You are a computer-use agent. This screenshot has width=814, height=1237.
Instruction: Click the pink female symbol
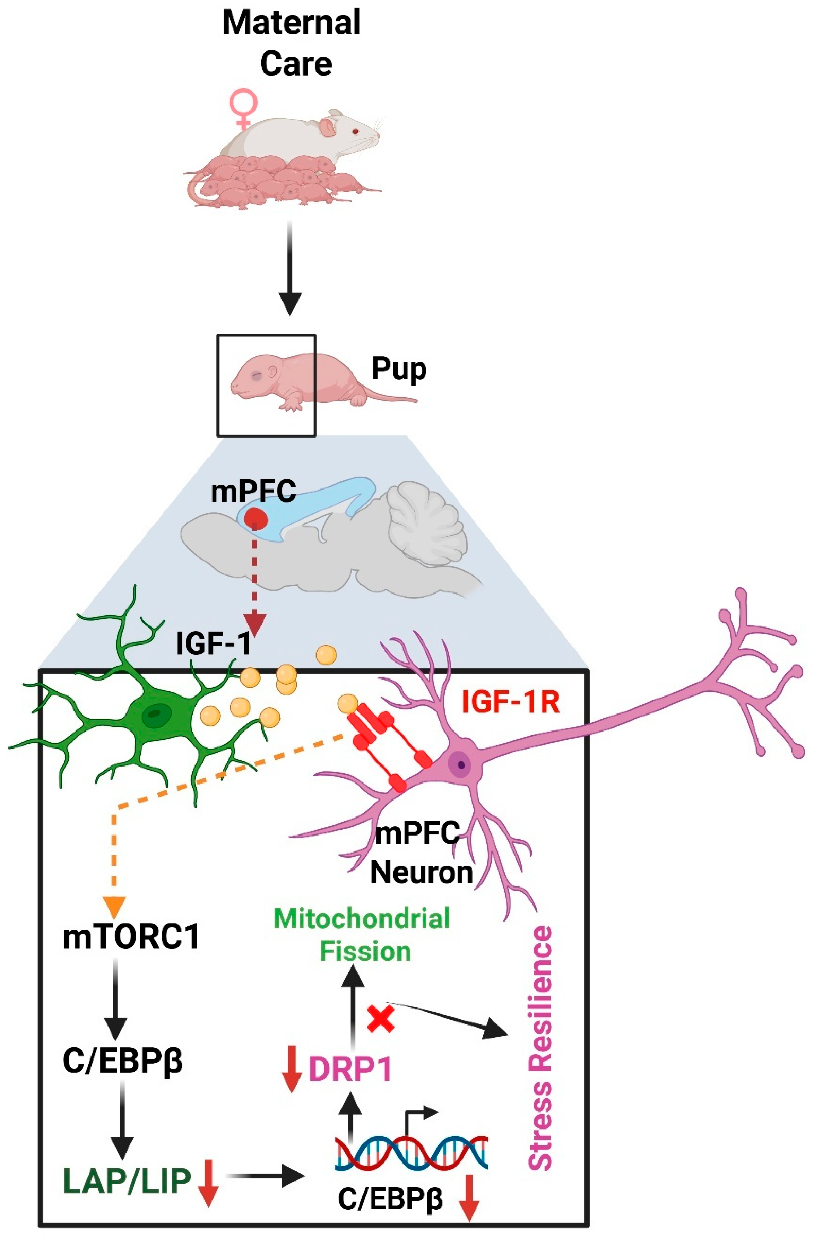244,107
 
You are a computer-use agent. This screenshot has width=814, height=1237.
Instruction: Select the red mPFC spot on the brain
256,518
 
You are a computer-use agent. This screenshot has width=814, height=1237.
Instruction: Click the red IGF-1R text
510,702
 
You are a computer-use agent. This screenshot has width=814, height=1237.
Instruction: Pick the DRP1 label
350,1070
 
